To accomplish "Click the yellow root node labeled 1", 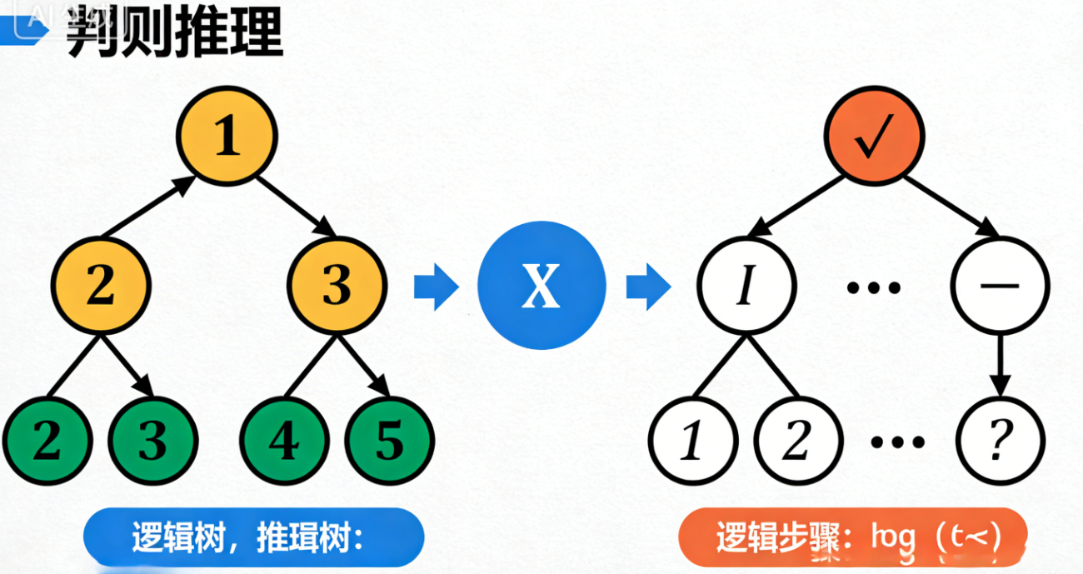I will pos(227,138).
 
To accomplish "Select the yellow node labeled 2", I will pos(101,286).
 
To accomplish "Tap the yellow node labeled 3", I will pos(337,286).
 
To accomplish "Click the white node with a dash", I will pos(1001,286).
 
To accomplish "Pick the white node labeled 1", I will pos(692,439).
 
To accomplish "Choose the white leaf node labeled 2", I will pos(796,439).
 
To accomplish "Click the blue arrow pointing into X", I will pos(436,287).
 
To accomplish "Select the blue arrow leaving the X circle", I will pos(648,287).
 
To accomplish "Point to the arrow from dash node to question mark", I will pos(1001,359).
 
